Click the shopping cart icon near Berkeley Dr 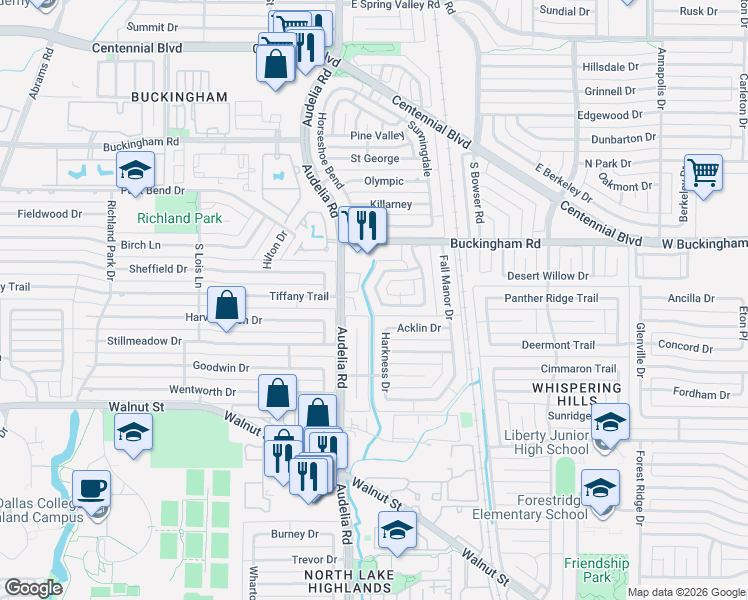pos(704,173)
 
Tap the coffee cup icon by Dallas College pos(92,490)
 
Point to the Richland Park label pos(178,217)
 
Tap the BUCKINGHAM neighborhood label pos(179,97)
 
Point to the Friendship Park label pos(595,570)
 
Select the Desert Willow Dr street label pos(548,275)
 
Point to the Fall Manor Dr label pos(447,288)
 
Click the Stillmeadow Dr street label pos(144,341)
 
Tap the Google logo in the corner pos(34,588)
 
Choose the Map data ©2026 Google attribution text pos(686,592)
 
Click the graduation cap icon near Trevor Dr pos(397,530)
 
